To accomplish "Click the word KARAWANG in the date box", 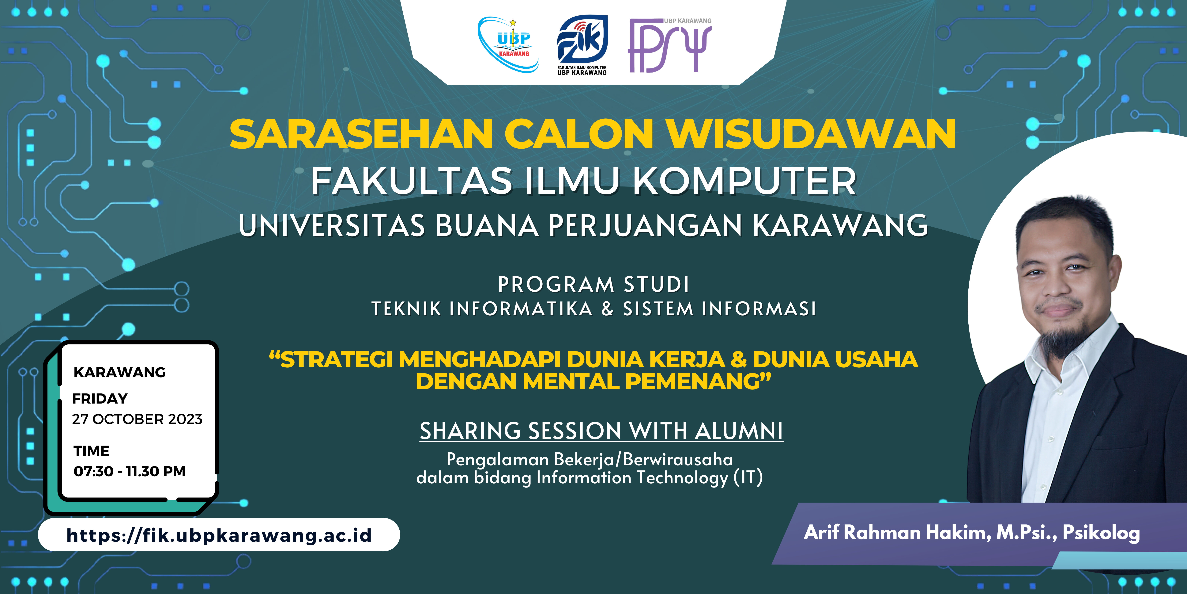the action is click(x=119, y=372).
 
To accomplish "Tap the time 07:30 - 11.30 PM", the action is click(x=130, y=471).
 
